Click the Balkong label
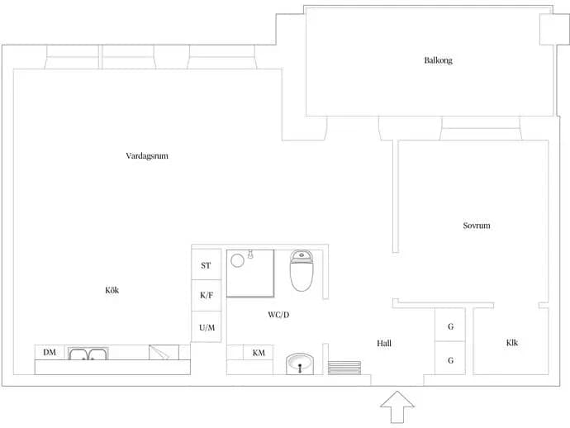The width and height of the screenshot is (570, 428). pyautogui.click(x=438, y=60)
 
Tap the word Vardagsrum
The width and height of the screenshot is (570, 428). pyautogui.click(x=147, y=156)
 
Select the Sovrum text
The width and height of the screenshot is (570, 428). pyautogui.click(x=476, y=226)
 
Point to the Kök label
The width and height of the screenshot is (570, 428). pyautogui.click(x=112, y=290)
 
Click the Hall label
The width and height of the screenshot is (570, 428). pyautogui.click(x=384, y=343)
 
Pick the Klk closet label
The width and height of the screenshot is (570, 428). pyautogui.click(x=512, y=343)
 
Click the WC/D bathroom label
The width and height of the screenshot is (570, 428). pyautogui.click(x=278, y=315)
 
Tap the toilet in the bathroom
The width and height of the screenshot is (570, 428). pyautogui.click(x=302, y=271)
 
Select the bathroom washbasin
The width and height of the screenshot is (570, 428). pyautogui.click(x=300, y=364)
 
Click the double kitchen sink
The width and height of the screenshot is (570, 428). pyautogui.click(x=88, y=354)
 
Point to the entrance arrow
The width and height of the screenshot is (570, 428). pyautogui.click(x=397, y=407)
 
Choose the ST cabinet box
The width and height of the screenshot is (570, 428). pyautogui.click(x=207, y=264)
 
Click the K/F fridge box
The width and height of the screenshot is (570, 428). pyautogui.click(x=207, y=295)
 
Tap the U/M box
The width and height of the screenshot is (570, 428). pyautogui.click(x=207, y=326)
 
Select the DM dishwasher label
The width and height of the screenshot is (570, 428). pyautogui.click(x=50, y=352)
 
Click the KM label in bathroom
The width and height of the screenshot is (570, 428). pyautogui.click(x=259, y=353)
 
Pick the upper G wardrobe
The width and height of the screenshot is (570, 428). pyautogui.click(x=450, y=325)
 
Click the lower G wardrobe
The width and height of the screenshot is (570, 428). pyautogui.click(x=450, y=359)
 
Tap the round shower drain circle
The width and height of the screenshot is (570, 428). pyautogui.click(x=237, y=260)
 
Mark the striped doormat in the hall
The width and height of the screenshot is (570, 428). pyautogui.click(x=344, y=368)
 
